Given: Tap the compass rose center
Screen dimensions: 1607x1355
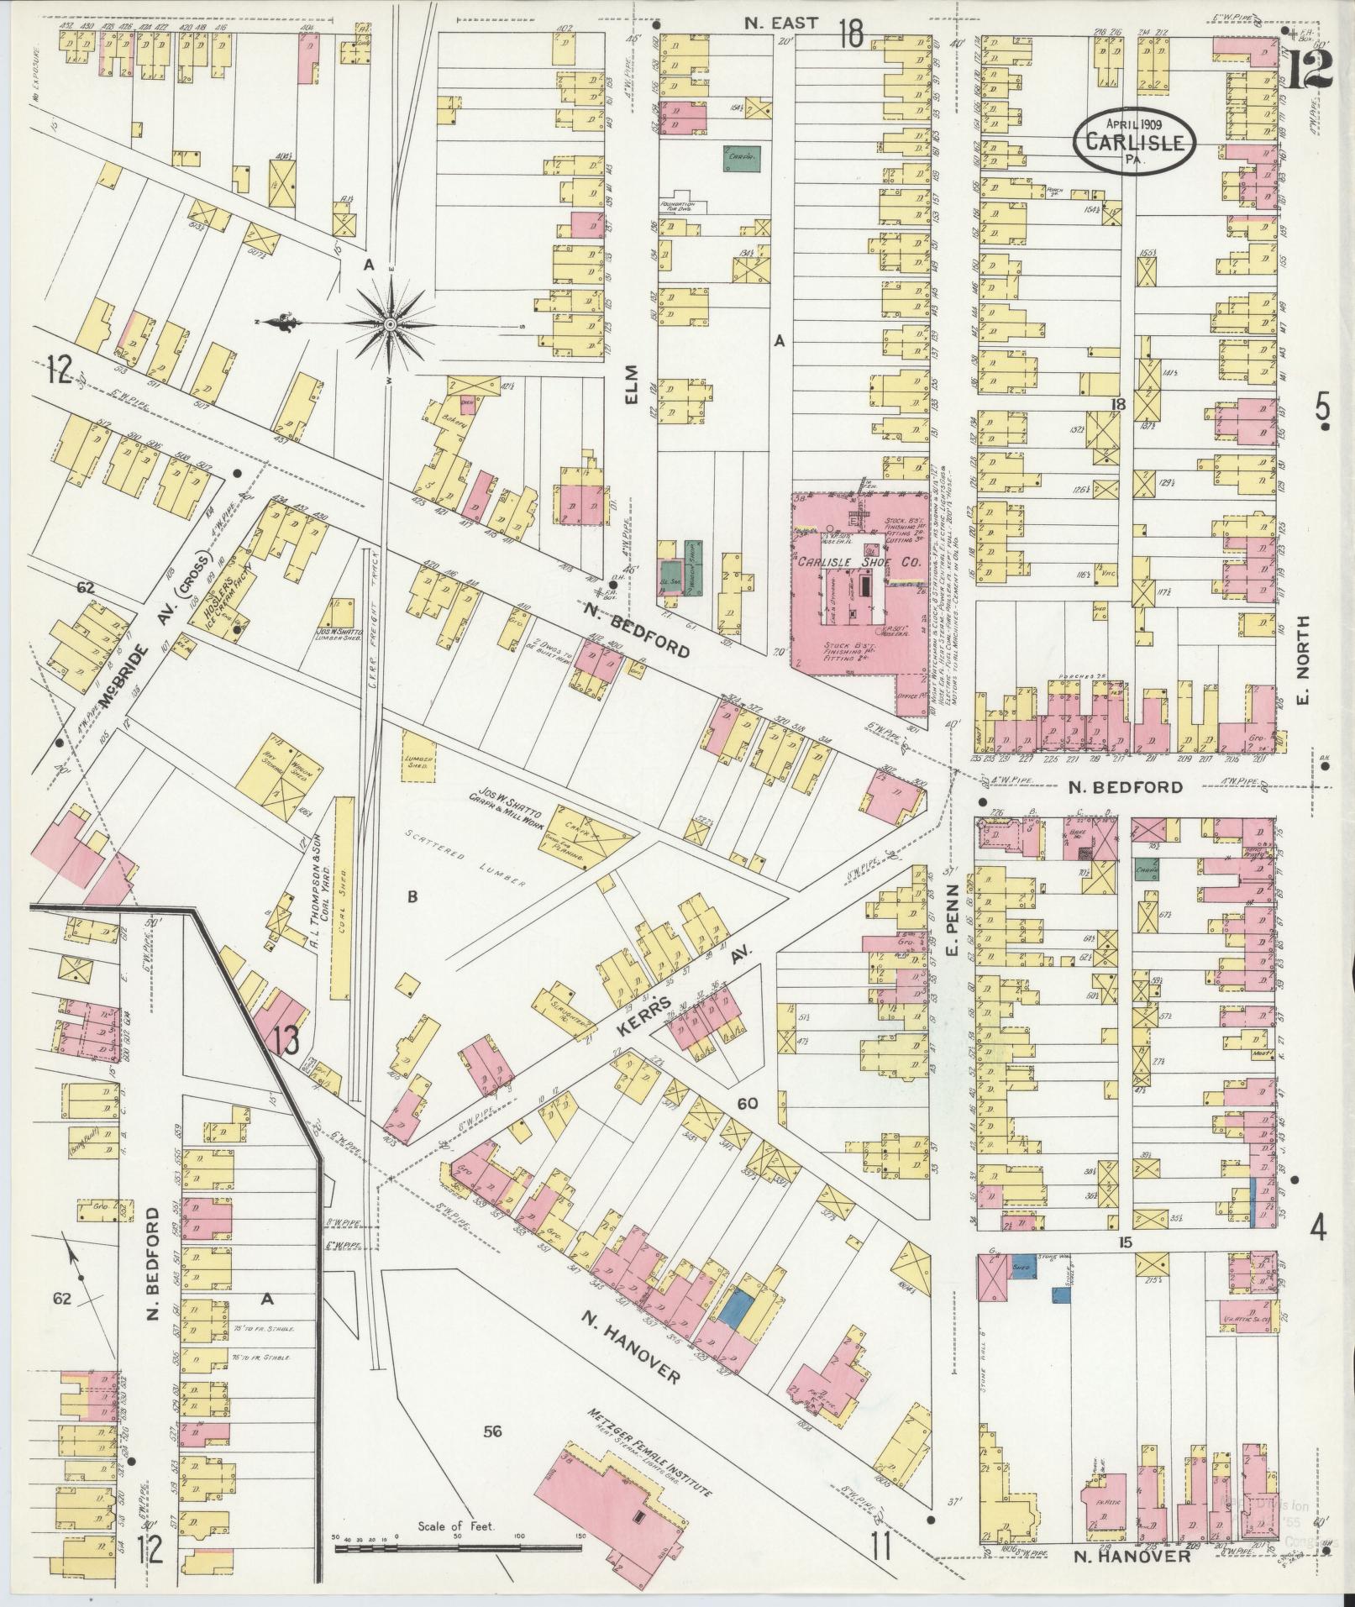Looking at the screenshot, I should pos(391,323).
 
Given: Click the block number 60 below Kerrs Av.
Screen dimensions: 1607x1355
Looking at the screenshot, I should pos(748,1101).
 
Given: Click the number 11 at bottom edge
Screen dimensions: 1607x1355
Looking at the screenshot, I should pos(880,1541).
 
